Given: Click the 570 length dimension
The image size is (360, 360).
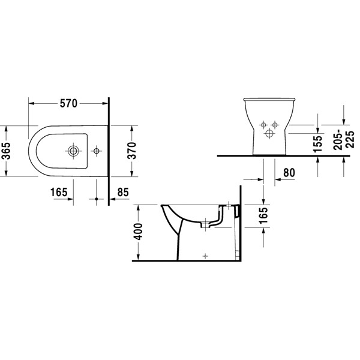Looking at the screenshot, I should (68, 104).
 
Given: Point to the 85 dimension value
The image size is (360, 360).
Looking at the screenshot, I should (123, 193).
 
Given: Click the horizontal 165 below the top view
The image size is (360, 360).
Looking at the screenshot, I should (58, 193).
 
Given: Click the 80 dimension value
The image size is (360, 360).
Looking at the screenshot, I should (288, 172).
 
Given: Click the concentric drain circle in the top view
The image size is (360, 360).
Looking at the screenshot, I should (74, 151).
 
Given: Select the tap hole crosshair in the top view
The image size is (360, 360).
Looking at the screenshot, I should (95, 151).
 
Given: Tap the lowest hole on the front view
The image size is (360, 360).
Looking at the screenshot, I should (269, 134).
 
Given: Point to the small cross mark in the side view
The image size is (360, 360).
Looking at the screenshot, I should (205, 255).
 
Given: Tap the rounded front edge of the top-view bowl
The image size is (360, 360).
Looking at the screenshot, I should (29, 151).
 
